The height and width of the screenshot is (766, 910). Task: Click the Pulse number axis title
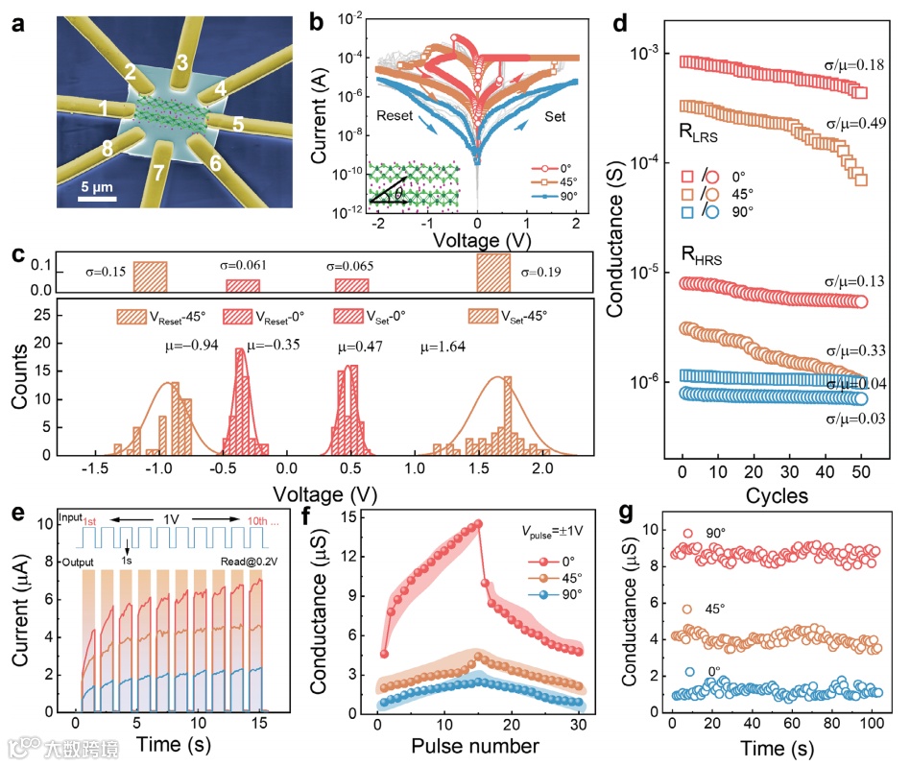465,745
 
